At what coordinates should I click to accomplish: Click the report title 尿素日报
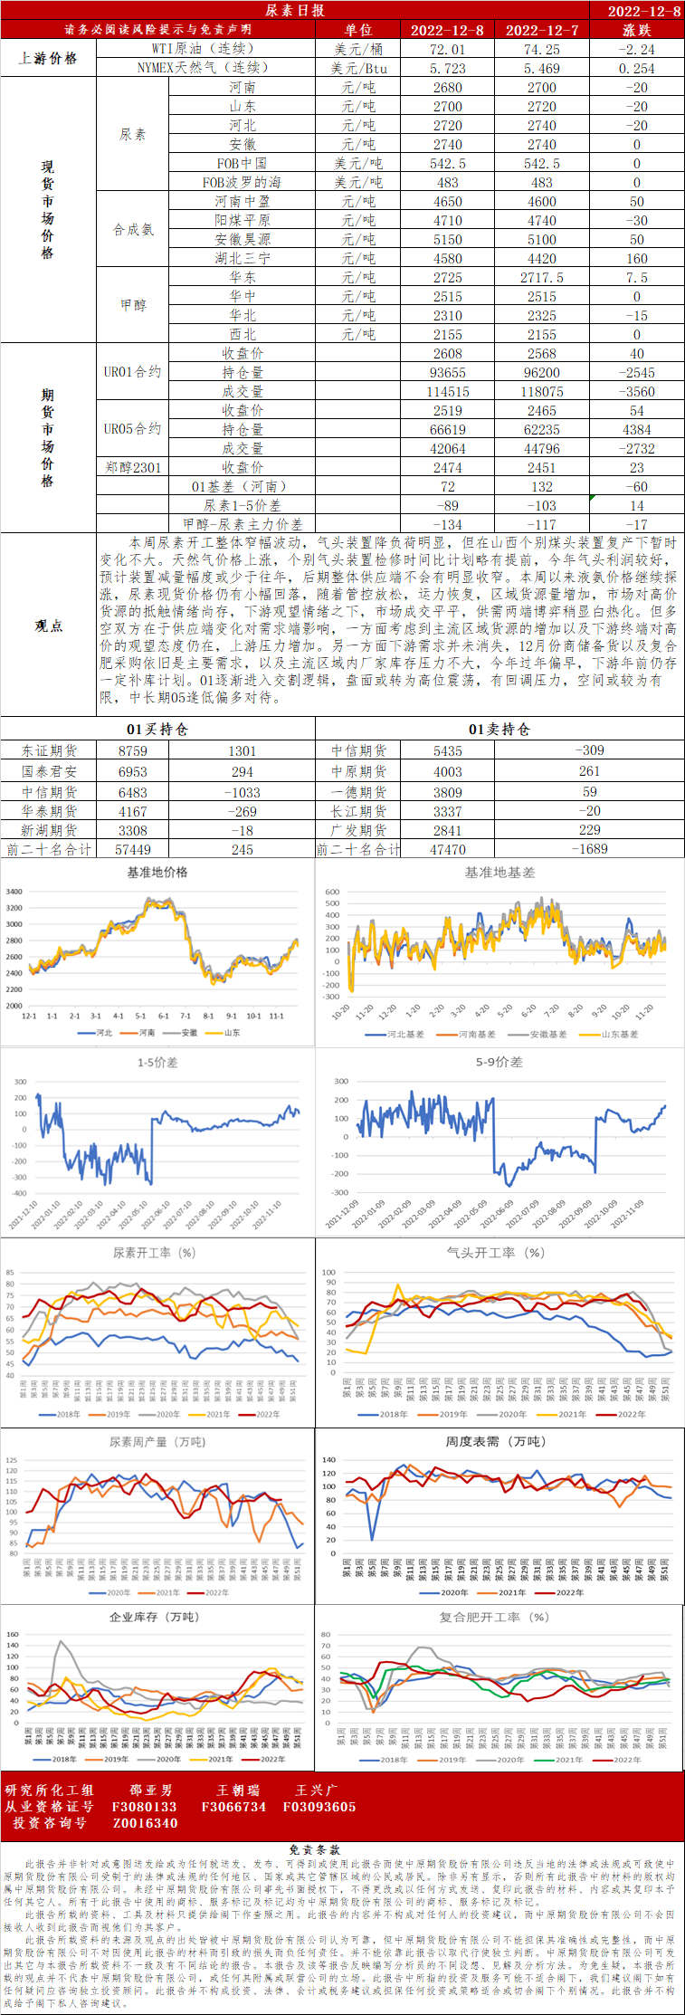(295, 10)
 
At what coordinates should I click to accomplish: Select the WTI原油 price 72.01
(447, 49)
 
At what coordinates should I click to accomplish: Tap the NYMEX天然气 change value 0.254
(636, 68)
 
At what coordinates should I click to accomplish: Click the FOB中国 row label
(242, 163)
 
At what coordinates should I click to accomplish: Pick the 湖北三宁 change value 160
(636, 258)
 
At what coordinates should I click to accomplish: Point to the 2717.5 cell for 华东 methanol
(541, 277)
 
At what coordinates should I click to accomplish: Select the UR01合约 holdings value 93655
(447, 372)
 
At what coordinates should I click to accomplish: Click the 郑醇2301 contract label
(132, 467)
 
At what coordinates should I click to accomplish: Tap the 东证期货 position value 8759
(132, 750)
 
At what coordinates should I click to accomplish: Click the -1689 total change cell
(589, 849)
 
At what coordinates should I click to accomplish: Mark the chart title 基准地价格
(157, 872)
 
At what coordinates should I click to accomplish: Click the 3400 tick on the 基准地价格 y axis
(14, 892)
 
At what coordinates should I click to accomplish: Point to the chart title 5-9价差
(499, 1062)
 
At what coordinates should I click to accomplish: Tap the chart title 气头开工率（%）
(496, 1253)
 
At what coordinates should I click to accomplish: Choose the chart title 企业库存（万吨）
(154, 1617)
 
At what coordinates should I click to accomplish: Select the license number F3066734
(233, 1806)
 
